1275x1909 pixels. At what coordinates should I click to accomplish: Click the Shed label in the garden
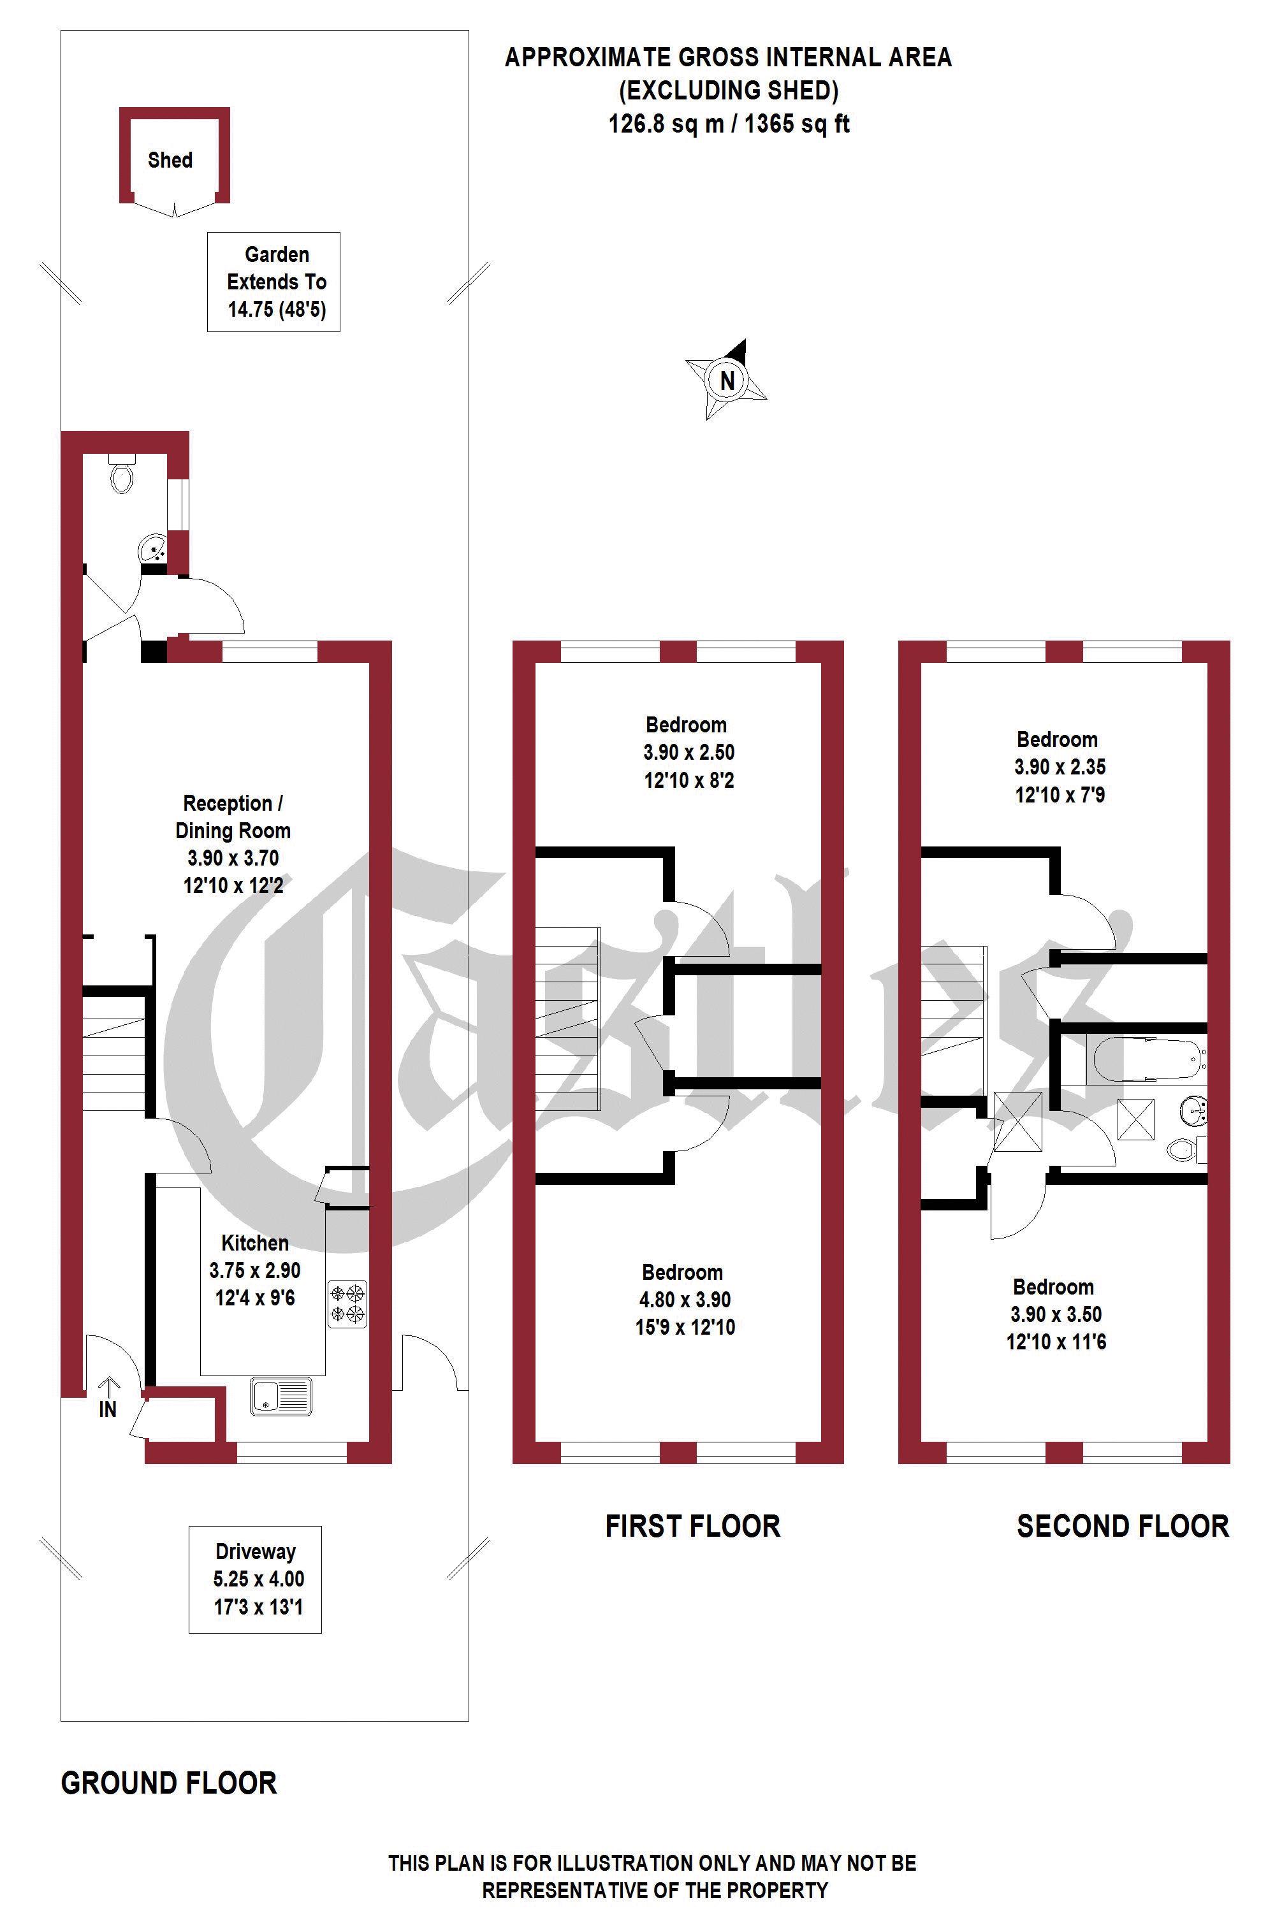tap(170, 160)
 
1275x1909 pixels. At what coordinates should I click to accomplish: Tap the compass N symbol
tap(726, 380)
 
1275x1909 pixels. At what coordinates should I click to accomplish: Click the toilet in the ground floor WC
tap(121, 475)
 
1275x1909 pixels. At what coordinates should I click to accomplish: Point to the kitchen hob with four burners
tap(348, 1304)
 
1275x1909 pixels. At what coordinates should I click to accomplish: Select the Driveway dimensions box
tap(256, 1579)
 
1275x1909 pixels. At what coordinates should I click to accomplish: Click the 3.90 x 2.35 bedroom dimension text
tap(1060, 767)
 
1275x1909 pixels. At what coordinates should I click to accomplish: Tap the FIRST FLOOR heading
tap(693, 1526)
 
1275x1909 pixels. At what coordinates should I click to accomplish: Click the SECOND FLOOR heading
tap(1123, 1526)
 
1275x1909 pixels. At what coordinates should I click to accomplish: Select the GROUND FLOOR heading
tap(169, 1784)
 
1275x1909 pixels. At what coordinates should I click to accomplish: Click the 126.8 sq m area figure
tap(667, 124)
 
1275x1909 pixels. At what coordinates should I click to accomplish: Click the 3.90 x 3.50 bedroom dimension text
tap(1056, 1315)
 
